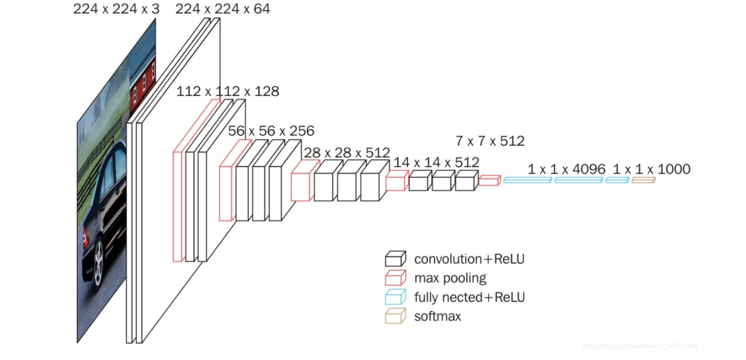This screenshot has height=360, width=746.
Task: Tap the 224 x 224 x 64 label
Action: [x=222, y=9]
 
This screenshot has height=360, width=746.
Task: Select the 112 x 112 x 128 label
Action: [x=228, y=91]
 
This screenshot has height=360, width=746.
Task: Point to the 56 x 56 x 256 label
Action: [x=271, y=131]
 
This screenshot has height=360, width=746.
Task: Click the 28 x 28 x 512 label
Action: [x=347, y=152]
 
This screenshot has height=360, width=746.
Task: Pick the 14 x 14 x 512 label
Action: [x=436, y=162]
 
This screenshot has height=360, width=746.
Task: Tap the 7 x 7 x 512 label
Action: [x=490, y=142]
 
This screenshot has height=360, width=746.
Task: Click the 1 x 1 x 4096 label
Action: [x=566, y=169]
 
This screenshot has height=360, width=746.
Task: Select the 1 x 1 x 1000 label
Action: [x=651, y=169]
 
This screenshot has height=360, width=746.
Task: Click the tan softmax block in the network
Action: [x=642, y=180]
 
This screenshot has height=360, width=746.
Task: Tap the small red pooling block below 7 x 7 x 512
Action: [x=489, y=180]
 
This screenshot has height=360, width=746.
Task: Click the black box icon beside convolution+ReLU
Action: [x=395, y=260]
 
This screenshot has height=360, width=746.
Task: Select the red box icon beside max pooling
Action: [x=395, y=278]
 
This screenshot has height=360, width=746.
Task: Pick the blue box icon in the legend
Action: [x=395, y=298]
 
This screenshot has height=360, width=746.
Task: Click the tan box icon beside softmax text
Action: [x=395, y=316]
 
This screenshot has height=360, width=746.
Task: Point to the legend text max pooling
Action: [x=450, y=278]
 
